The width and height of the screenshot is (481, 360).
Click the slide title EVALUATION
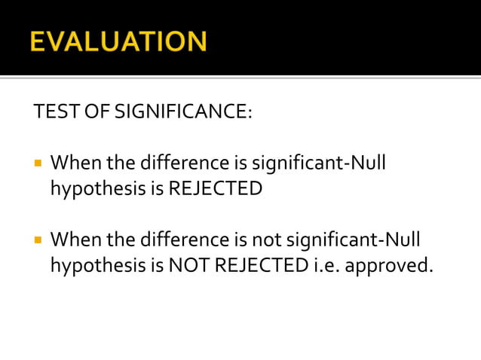118,41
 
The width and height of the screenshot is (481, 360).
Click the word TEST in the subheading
52,113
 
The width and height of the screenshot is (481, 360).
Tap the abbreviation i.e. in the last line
321,266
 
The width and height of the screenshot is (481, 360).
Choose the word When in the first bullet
75,163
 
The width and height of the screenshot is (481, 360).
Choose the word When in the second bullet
75,240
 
